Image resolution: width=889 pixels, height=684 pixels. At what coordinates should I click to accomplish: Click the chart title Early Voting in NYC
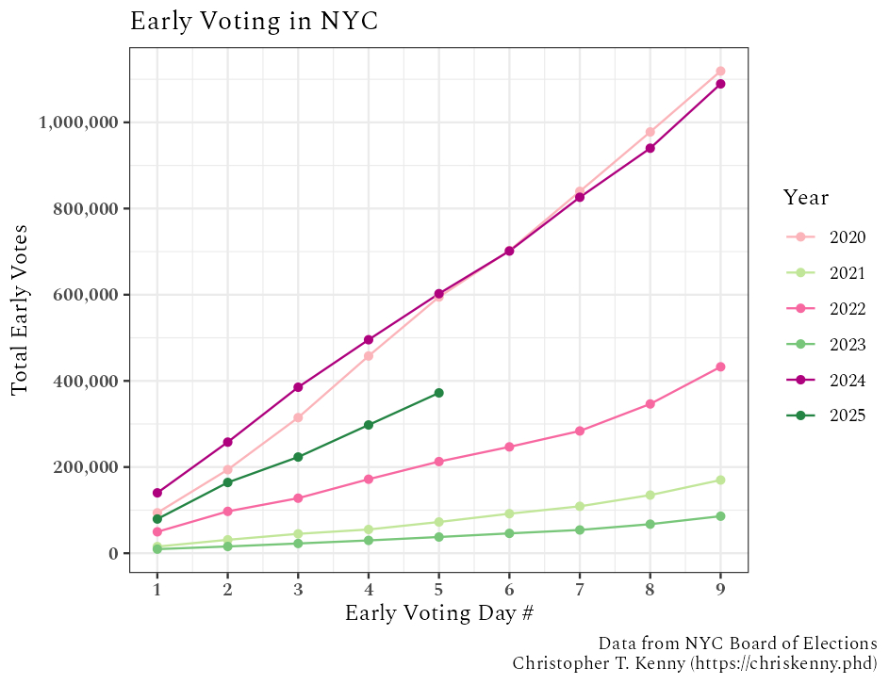[254, 22]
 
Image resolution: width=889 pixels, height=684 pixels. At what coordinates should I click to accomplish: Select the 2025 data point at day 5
[438, 393]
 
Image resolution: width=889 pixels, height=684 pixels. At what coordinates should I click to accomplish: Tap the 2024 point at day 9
[720, 84]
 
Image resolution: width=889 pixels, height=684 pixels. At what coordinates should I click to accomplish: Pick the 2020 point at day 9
[720, 71]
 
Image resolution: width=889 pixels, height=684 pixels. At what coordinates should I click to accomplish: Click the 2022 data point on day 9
[720, 366]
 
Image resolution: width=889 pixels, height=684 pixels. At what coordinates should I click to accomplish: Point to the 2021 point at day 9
[720, 480]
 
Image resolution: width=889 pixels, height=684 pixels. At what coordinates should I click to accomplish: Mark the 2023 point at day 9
[720, 516]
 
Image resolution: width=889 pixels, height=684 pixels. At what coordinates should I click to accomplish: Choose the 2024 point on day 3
[298, 387]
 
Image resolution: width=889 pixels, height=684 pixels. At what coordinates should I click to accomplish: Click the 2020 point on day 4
[369, 356]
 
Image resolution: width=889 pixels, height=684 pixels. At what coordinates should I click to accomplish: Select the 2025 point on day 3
[298, 457]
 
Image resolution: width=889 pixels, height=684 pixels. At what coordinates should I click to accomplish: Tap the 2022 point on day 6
[509, 447]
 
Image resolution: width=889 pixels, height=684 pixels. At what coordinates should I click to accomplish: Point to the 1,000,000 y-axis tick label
[78, 122]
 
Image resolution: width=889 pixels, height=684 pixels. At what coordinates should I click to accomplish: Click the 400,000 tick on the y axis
[86, 382]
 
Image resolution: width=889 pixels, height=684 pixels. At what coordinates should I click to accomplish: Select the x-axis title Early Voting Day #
[438, 613]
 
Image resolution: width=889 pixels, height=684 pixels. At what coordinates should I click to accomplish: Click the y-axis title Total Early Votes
[21, 310]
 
